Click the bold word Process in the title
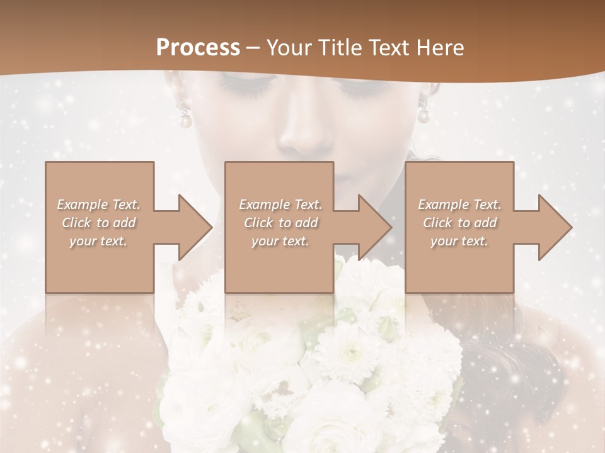(x=198, y=47)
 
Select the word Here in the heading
(x=440, y=47)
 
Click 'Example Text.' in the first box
(x=98, y=204)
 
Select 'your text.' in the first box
(x=98, y=241)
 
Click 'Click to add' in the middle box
(x=280, y=223)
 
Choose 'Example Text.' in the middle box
(x=280, y=204)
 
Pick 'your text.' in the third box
(x=459, y=241)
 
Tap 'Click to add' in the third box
(x=459, y=223)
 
